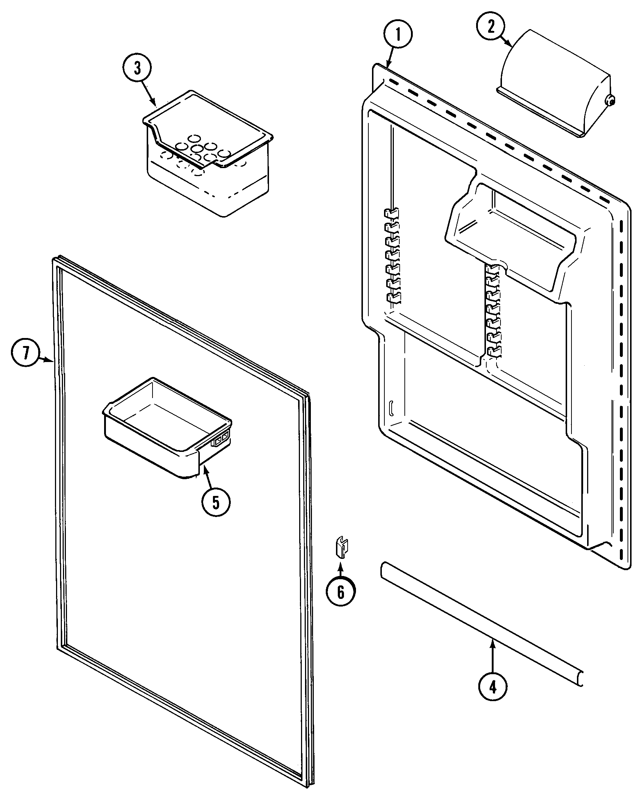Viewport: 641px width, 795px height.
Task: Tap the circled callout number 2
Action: pos(490,27)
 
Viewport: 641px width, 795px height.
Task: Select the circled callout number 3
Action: pos(137,68)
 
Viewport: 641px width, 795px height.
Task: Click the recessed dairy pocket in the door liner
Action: pos(513,229)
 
